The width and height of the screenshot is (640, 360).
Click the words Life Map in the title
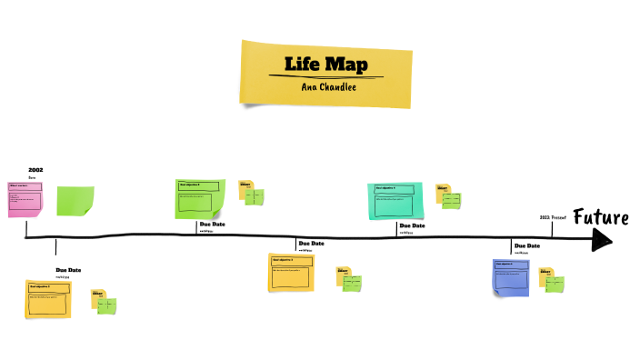pos(325,65)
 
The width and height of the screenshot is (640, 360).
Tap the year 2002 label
pos(35,170)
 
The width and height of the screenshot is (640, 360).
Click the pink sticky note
pos(25,199)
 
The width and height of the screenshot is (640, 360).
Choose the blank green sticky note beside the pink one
pos(75,200)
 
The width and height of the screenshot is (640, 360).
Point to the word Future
pos(601,217)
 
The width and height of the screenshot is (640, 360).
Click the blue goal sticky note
pos(511,277)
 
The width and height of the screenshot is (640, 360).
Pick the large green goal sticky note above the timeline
pos(199,197)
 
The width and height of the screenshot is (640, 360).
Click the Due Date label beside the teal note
pos(412,225)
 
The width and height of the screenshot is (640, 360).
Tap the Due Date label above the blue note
pos(527,245)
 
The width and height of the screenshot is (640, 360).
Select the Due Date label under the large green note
pos(213,225)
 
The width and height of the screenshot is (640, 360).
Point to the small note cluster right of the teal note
pos(448,195)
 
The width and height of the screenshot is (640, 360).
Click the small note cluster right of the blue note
pos(551,279)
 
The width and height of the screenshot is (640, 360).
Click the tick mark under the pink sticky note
pos(55,246)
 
